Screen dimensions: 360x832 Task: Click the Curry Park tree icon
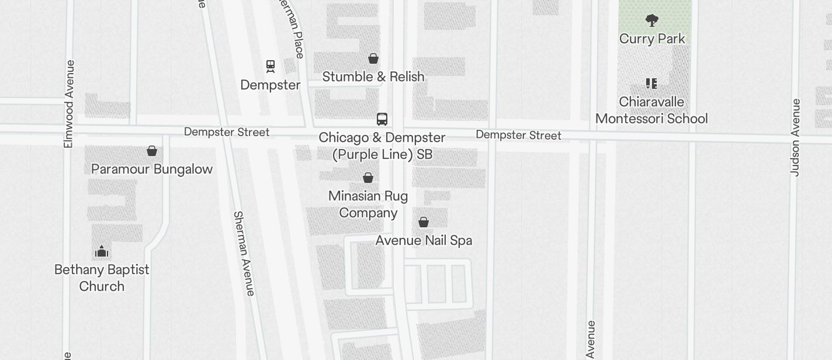(651, 21)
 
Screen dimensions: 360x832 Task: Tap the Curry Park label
(652, 39)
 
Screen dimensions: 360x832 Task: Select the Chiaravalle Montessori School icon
(651, 84)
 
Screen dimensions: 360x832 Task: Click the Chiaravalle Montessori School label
(651, 110)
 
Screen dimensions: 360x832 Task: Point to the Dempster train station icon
(271, 66)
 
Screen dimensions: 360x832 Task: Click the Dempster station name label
(271, 85)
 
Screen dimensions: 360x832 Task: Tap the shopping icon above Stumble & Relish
(373, 58)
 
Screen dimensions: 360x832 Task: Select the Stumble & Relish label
(373, 77)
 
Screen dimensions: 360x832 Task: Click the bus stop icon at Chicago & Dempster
(382, 119)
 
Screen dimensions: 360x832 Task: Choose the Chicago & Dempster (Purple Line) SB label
(382, 146)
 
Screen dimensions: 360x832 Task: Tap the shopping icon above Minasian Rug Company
(368, 178)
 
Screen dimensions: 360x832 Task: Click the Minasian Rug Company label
(368, 204)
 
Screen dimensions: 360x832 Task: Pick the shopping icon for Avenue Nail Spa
(424, 222)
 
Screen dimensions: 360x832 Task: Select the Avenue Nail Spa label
(424, 240)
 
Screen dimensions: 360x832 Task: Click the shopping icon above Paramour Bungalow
(152, 151)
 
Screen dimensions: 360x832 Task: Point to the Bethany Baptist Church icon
(102, 252)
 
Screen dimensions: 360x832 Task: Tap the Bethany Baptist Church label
(102, 278)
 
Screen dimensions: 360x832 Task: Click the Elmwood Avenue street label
(69, 103)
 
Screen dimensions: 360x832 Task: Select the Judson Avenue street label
(795, 137)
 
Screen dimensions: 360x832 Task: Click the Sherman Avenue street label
(244, 253)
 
